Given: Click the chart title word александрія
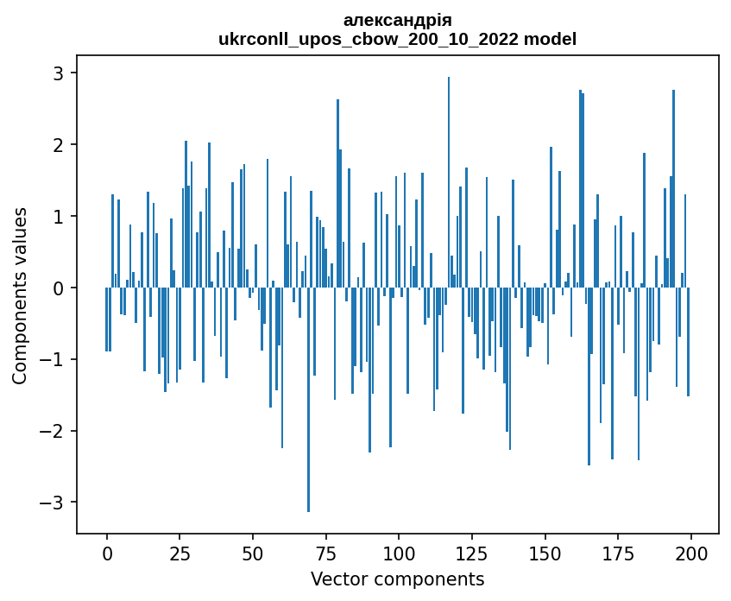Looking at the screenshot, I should coord(397,20).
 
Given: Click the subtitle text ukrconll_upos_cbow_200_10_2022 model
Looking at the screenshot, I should coord(397,39).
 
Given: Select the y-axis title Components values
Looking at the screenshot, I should coord(19,295).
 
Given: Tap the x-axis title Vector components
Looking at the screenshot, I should coord(397,579).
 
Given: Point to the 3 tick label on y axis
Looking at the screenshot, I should coord(59,73).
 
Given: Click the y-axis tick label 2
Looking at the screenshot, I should coord(59,144).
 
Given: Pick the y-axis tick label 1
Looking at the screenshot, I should coord(59,216).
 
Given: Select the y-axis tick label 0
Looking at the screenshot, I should coord(59,288).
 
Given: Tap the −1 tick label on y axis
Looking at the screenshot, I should coord(54,359).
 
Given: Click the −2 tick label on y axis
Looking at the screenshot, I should coord(54,431).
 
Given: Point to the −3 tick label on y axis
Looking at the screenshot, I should coord(54,503).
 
